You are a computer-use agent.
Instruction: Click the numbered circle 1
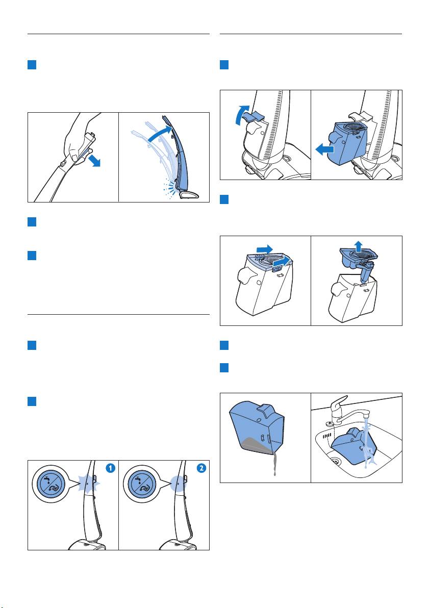(x=110, y=468)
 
